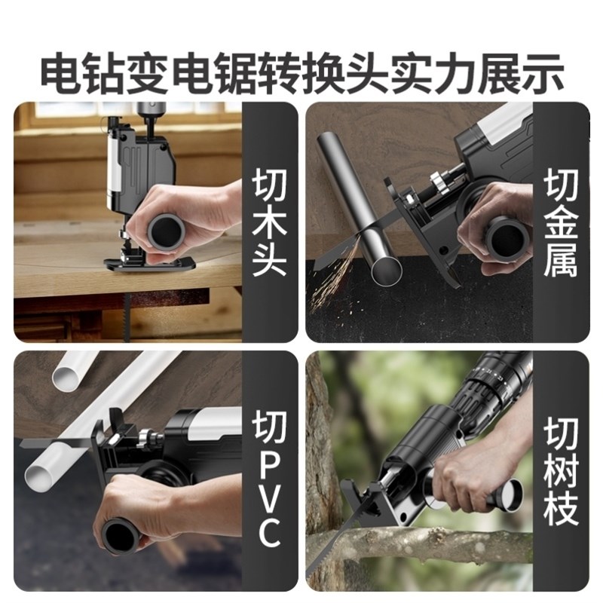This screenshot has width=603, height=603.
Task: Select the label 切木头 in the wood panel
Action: (269, 223)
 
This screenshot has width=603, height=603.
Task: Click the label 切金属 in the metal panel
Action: (559, 223)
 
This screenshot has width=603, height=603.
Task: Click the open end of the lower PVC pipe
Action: (40, 475)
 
